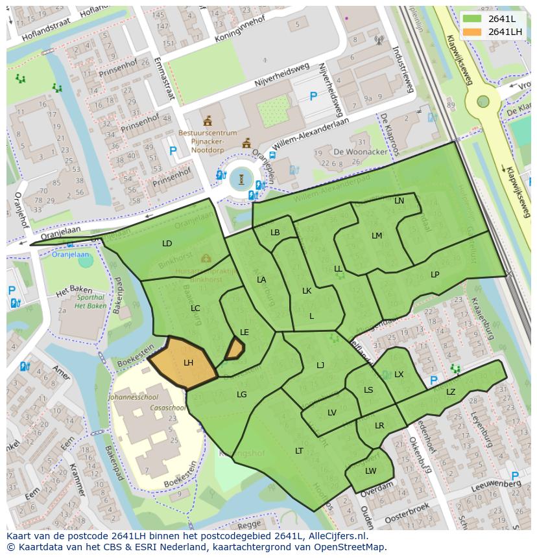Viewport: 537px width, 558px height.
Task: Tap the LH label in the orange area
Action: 188,363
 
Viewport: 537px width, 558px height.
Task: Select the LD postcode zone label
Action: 167,244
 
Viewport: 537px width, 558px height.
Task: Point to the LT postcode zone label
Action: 299,450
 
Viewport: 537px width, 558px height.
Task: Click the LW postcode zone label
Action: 370,471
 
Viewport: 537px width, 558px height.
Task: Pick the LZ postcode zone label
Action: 451,391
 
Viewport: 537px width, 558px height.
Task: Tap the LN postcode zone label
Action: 399,201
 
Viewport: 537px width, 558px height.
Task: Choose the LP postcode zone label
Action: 435,274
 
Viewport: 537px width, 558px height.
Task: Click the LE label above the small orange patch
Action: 245,332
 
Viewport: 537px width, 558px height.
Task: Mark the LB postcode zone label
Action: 275,233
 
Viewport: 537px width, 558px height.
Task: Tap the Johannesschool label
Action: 133,396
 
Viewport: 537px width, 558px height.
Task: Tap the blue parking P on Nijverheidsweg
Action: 313,97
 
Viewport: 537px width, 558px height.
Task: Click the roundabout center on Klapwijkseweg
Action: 483,101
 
